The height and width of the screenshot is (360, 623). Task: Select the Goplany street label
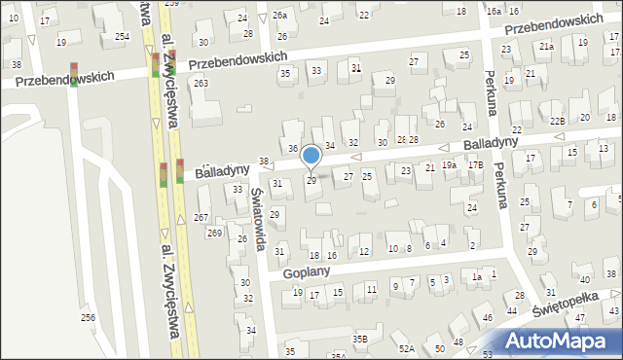coord(308,273)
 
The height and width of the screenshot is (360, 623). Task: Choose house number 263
coord(201,84)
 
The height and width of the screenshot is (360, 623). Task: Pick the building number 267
coord(202,217)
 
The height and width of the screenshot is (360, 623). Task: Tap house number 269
coord(214,234)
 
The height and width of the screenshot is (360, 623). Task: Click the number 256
coord(88,318)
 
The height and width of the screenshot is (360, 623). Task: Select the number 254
coord(122,36)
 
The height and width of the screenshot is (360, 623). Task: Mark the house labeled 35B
coord(360,339)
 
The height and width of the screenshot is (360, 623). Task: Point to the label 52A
coord(406,347)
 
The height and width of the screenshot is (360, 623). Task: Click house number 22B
coord(557,121)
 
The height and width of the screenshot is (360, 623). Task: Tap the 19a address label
coord(449,165)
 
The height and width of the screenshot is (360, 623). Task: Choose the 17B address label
coord(475,165)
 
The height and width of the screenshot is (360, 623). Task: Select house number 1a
coord(477,277)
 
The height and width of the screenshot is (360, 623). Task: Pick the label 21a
coord(547,47)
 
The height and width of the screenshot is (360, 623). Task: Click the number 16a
coord(495,10)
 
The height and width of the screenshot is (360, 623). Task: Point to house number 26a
coord(280,16)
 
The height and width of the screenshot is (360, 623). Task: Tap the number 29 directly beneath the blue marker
coord(311,181)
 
